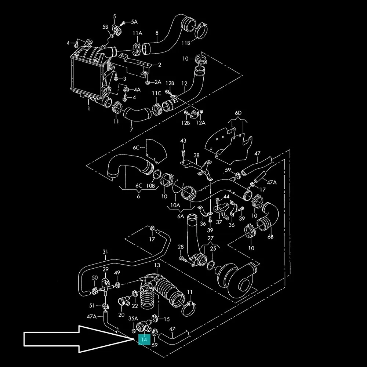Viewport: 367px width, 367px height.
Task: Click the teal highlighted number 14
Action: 144,340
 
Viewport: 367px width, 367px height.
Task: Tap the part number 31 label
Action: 105,252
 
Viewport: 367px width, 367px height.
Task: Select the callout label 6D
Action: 239,113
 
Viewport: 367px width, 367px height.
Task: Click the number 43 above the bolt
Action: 183,141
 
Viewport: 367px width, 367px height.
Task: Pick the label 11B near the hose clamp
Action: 186,43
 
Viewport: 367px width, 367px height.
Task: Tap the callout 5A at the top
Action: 134,22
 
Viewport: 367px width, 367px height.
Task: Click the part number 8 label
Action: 157,33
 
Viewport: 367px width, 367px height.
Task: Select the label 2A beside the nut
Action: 157,82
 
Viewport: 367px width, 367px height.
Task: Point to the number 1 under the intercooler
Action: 88,109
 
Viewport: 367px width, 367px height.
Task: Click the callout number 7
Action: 131,129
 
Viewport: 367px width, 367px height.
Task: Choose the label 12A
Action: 200,123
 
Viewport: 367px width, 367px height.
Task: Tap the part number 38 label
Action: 196,155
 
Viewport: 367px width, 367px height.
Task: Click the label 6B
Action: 270,237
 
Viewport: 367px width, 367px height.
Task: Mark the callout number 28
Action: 181,247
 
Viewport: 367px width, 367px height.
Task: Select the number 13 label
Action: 157,265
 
